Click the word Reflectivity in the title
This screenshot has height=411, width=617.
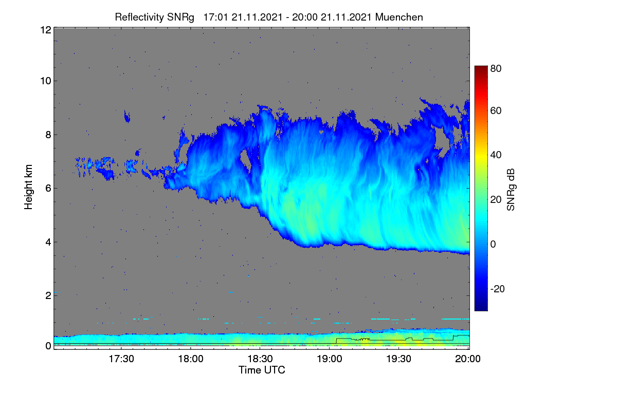coord(139,17)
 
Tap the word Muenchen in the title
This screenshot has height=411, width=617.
coord(399,17)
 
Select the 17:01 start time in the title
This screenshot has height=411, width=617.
coord(215,17)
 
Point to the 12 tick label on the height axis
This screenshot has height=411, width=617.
coord(46,30)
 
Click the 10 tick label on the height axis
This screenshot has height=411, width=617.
coord(46,81)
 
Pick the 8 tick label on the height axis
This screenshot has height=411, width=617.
coord(48,135)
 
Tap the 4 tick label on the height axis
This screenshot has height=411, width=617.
coord(48,242)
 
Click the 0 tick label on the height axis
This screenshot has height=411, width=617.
coord(48,346)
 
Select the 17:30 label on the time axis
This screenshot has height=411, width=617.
coord(121,359)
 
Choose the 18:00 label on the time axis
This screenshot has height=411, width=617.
coord(191,359)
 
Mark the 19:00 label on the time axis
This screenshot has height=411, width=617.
coord(330,359)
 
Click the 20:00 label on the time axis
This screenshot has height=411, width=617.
coord(468,359)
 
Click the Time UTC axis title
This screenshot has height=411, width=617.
coord(262,370)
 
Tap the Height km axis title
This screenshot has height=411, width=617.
coord(28,187)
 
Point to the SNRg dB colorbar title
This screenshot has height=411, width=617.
coord(511,190)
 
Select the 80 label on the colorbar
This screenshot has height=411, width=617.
coord(496,68)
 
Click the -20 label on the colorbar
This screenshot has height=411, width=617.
coord(498,289)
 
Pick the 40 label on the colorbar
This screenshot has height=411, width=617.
coord(496,155)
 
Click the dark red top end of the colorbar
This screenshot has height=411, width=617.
coord(481,67)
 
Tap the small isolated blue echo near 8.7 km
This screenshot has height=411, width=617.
coord(127,117)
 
